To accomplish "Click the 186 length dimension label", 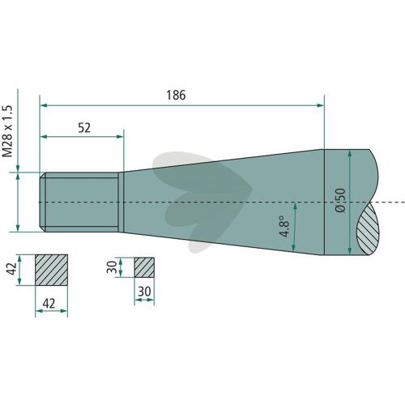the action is pyautogui.click(x=176, y=95).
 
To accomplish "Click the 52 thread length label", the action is pyautogui.click(x=84, y=128).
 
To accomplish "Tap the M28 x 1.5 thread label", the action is pyautogui.click(x=7, y=131).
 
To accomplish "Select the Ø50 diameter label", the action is pyautogui.click(x=340, y=200).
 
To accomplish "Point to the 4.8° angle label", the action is pyautogui.click(x=284, y=226).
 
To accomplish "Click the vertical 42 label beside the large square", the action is pyautogui.click(x=12, y=269).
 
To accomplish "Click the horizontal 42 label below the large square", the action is pyautogui.click(x=49, y=304).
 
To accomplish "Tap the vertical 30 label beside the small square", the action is pyautogui.click(x=112, y=267).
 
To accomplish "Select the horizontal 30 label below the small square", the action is pyautogui.click(x=144, y=292).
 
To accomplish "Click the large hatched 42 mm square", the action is pyautogui.click(x=51, y=270).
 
